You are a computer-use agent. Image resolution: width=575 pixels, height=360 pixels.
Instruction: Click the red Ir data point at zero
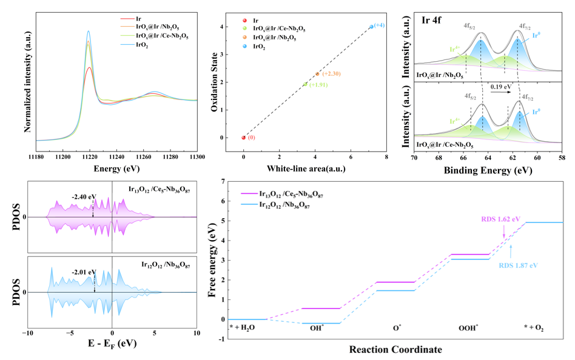click(244, 138)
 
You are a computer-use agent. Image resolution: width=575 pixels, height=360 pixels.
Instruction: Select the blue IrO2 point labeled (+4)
click(371, 27)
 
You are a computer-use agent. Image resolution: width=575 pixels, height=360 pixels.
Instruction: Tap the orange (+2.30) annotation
click(332, 73)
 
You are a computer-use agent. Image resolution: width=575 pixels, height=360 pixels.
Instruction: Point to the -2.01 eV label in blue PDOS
click(84, 272)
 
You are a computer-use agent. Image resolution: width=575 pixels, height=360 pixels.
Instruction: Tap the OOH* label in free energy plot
click(468, 327)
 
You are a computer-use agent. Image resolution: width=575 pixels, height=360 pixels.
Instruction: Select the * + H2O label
click(243, 327)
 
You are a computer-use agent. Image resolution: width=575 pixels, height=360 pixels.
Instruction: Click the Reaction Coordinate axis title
click(395, 350)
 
